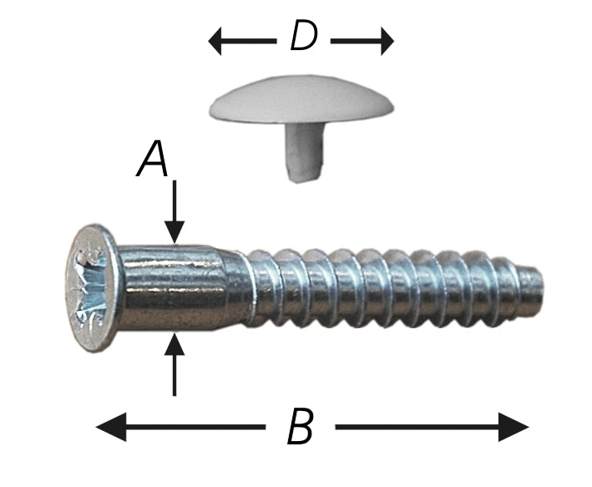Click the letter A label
153,160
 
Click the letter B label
300,429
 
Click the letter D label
302,38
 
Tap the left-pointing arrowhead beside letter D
216,40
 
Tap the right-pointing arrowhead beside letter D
386,40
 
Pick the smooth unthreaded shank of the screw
175,286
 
